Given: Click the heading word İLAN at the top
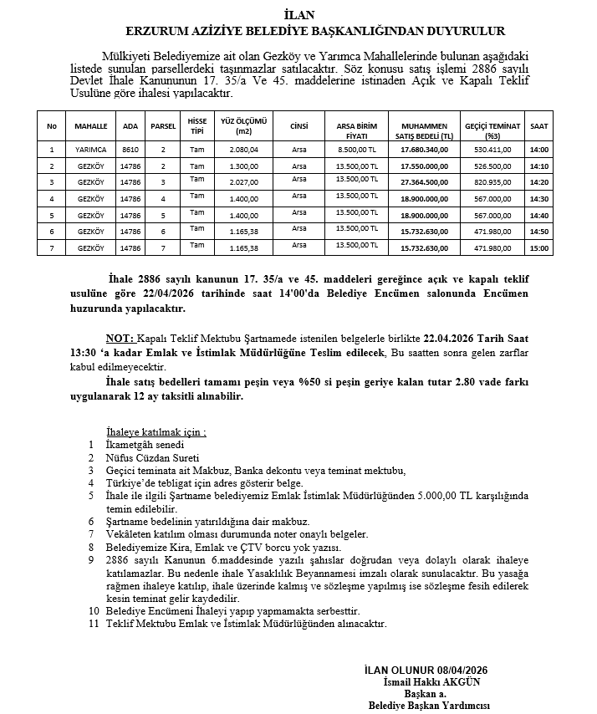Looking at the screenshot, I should [298, 14].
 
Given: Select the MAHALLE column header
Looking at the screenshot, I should [91, 126].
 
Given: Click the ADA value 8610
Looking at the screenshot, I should [130, 150].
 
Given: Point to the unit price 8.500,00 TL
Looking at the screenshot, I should [357, 150].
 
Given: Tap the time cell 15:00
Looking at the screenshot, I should [539, 248].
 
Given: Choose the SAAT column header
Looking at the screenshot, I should [539, 126].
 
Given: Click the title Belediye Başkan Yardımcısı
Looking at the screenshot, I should [429, 706].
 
